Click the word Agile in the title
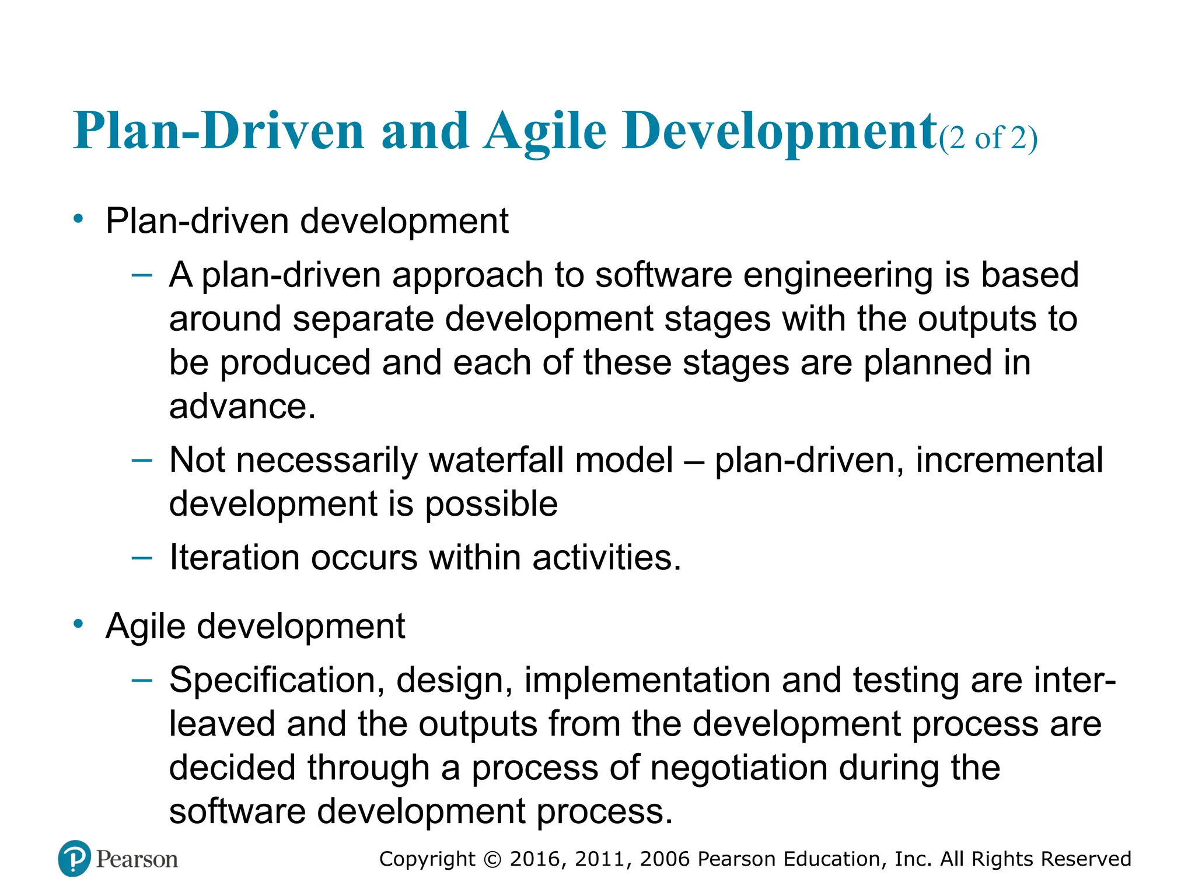(x=545, y=132)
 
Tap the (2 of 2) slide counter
(x=988, y=139)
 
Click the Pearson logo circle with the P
(x=75, y=858)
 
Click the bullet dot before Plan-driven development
(x=78, y=219)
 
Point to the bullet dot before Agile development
(x=78, y=624)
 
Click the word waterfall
(x=496, y=460)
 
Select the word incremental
(x=1009, y=460)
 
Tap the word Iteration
(x=235, y=557)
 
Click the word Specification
(x=277, y=680)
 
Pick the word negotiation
(x=739, y=768)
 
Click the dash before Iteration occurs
(x=142, y=558)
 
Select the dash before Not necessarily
(x=142, y=460)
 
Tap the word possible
(x=491, y=504)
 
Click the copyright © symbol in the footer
(x=492, y=859)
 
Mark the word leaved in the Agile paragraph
(x=222, y=724)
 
